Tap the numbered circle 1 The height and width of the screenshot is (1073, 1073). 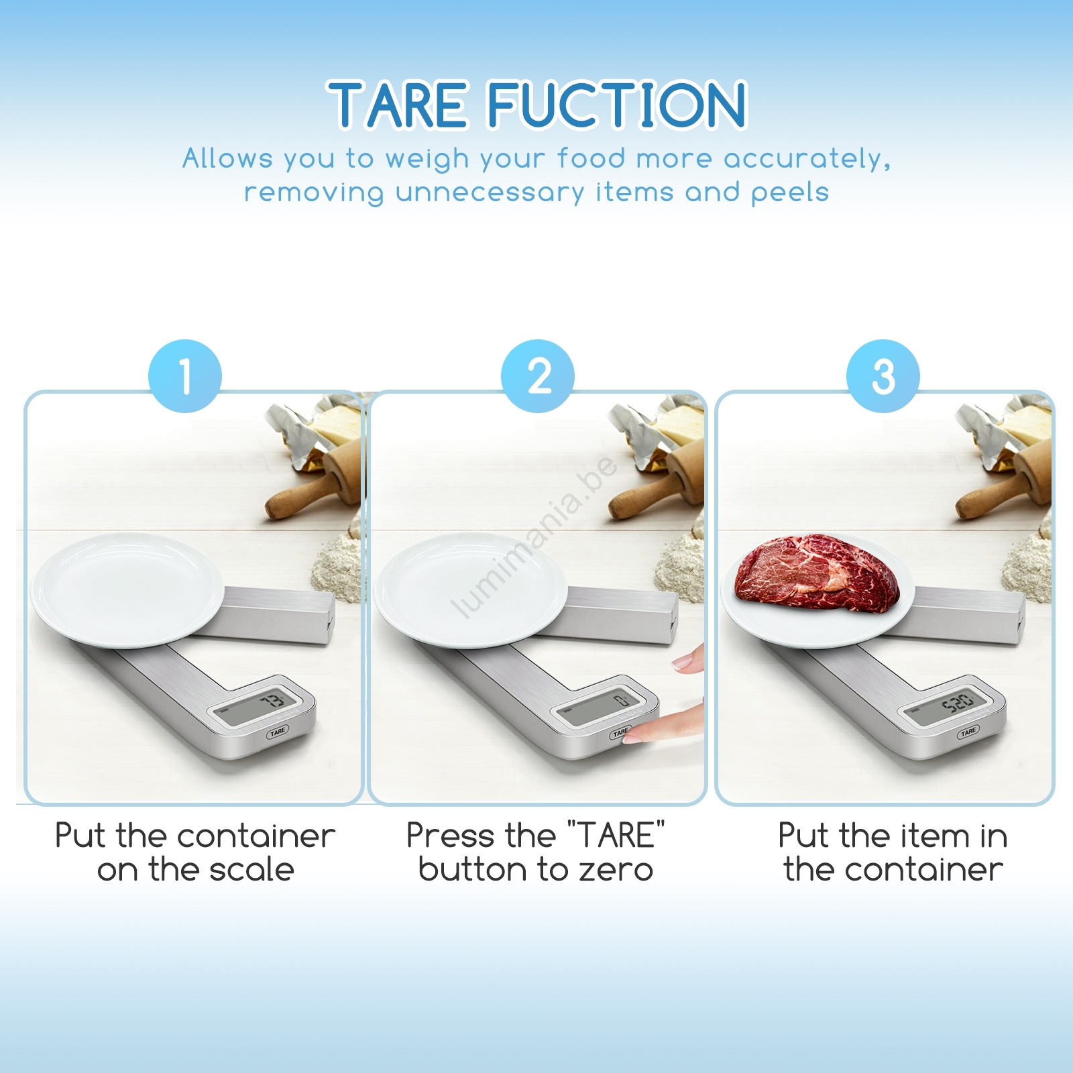click(185, 376)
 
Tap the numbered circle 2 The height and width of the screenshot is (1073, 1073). click(538, 376)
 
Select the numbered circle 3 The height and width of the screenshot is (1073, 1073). click(883, 376)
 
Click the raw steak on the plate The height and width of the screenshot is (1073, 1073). click(817, 573)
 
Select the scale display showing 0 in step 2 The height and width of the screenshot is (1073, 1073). click(604, 705)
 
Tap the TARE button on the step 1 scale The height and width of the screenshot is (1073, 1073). click(277, 732)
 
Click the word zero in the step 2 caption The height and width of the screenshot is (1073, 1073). click(616, 870)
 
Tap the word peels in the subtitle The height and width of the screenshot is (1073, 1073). click(790, 192)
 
